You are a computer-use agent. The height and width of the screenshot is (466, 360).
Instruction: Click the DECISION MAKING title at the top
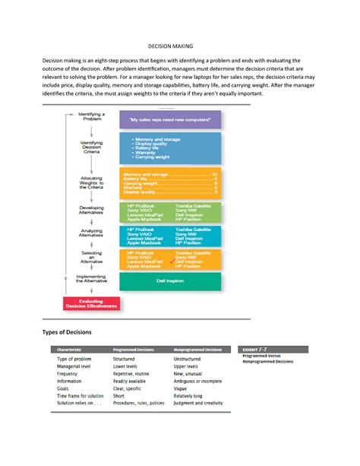click(x=180, y=45)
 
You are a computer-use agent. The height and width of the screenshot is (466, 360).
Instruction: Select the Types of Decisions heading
click(x=68, y=332)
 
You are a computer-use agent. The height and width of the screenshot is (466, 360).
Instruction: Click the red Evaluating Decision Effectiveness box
click(x=90, y=304)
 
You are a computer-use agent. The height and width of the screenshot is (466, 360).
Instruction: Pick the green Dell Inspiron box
click(x=170, y=281)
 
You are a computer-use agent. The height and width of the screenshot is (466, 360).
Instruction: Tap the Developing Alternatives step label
click(x=92, y=209)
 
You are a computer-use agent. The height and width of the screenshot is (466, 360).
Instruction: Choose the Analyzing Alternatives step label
click(x=92, y=233)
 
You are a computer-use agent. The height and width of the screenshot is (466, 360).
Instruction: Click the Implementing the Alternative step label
click(x=91, y=278)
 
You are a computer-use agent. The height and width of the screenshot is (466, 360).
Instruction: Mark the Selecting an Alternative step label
click(x=92, y=257)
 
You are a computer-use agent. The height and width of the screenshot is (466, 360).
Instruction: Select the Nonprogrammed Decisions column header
click(x=197, y=350)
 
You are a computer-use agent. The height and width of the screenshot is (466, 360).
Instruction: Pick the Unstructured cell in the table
click(x=187, y=359)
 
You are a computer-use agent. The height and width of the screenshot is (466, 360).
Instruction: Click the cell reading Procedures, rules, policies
click(x=138, y=403)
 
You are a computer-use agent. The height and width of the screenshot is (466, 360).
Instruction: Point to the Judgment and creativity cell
click(x=198, y=403)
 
